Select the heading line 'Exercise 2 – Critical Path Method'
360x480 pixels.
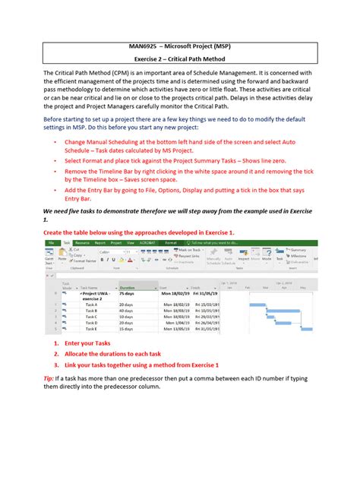click(179, 67)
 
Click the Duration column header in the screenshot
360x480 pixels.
click(128, 288)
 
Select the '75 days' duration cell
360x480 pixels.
click(127, 294)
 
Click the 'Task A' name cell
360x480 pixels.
click(92, 305)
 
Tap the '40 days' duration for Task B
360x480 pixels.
click(127, 311)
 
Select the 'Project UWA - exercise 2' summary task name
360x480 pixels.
click(97, 295)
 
